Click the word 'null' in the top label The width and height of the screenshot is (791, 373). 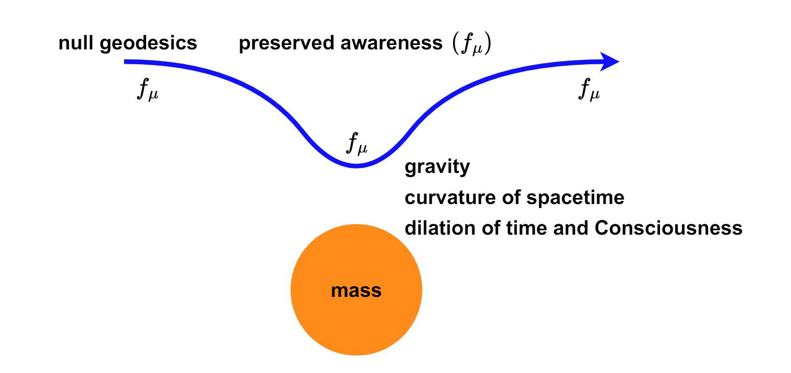[x=76, y=43]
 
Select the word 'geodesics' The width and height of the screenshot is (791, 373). [x=148, y=43]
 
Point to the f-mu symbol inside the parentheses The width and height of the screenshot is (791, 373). [x=470, y=45]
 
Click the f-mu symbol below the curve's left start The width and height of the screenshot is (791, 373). [x=147, y=90]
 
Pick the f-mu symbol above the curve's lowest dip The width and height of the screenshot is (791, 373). [x=356, y=144]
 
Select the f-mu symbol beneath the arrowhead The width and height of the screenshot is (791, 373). [x=589, y=90]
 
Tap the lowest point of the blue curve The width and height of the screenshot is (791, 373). [x=356, y=166]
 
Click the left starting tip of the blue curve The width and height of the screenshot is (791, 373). [x=126, y=62]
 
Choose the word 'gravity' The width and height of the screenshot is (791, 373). [x=437, y=167]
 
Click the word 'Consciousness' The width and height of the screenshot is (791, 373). [x=668, y=228]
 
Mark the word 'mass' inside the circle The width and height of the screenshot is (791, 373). [x=356, y=290]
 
